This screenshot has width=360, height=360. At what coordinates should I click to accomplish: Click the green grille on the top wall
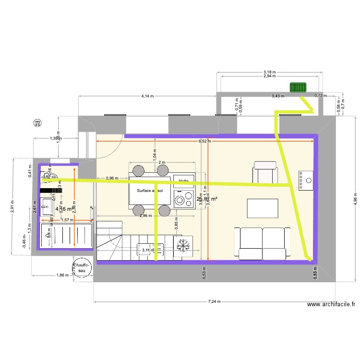(298, 87)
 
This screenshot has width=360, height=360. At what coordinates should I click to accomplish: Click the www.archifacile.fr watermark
(331, 304)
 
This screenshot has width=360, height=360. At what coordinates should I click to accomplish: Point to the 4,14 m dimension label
(147, 96)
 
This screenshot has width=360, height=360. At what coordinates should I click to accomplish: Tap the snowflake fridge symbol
(182, 245)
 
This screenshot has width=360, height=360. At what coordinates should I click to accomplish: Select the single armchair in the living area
(265, 172)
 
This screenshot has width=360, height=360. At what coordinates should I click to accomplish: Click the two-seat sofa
(262, 243)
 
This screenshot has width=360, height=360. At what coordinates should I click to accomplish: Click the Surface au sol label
(149, 191)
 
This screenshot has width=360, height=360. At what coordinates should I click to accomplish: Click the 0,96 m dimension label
(112, 178)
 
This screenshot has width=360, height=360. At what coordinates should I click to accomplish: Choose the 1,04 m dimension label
(155, 156)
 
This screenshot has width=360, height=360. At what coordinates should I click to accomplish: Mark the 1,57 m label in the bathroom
(68, 220)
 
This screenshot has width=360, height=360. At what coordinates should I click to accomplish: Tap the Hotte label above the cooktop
(183, 180)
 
